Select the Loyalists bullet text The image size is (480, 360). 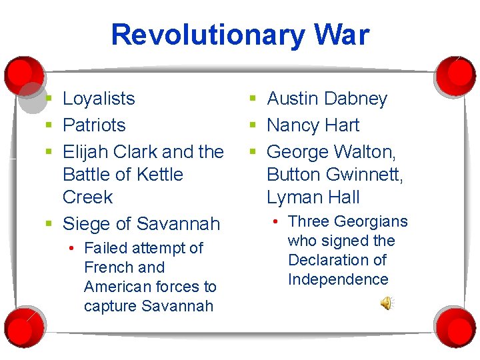click(x=99, y=99)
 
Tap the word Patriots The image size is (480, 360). click(x=94, y=125)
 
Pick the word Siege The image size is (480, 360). click(x=85, y=223)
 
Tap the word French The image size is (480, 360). click(x=105, y=267)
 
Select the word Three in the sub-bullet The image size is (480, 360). click(x=308, y=221)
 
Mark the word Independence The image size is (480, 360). click(x=338, y=279)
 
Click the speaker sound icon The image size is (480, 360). click(x=387, y=304)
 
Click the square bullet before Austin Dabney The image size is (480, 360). click(x=253, y=99)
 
